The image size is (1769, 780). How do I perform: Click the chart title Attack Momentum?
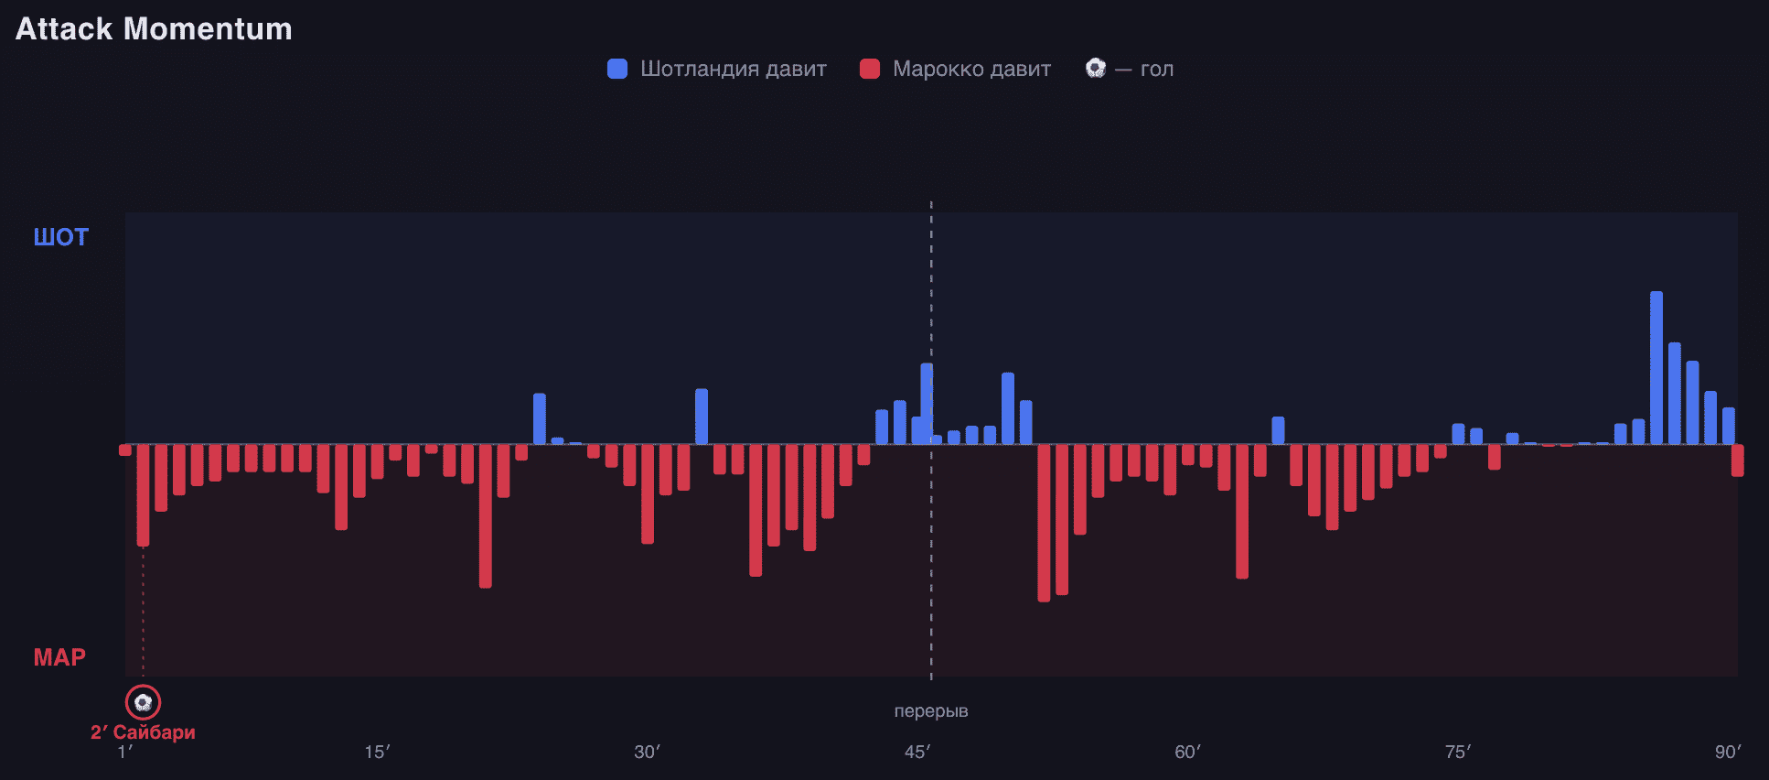[x=154, y=29]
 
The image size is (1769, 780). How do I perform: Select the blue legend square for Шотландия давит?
[x=617, y=69]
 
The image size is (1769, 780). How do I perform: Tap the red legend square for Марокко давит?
[x=870, y=69]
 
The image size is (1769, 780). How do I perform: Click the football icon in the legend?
[x=1095, y=68]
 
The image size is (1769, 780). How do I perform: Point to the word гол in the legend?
[x=1157, y=70]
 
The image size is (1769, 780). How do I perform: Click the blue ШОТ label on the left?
[x=61, y=237]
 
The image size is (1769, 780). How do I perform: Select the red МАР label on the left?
[x=59, y=657]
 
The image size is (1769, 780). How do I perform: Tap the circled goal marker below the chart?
[x=143, y=702]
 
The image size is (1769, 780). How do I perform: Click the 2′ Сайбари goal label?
[x=143, y=732]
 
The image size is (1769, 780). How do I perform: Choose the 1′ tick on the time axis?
[x=125, y=753]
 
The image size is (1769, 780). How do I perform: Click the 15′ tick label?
[x=377, y=753]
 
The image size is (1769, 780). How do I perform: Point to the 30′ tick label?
[x=647, y=753]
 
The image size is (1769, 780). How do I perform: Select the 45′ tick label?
[x=917, y=753]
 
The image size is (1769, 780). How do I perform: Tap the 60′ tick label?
[x=1187, y=753]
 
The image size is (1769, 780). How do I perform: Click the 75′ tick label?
[x=1457, y=753]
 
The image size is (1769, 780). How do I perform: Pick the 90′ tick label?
[x=1728, y=753]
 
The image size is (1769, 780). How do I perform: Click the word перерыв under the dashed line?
[x=931, y=711]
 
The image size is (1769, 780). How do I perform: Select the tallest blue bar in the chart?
[x=1656, y=368]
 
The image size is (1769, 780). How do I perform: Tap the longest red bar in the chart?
[x=1044, y=523]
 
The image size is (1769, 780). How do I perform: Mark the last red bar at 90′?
[x=1737, y=460]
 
